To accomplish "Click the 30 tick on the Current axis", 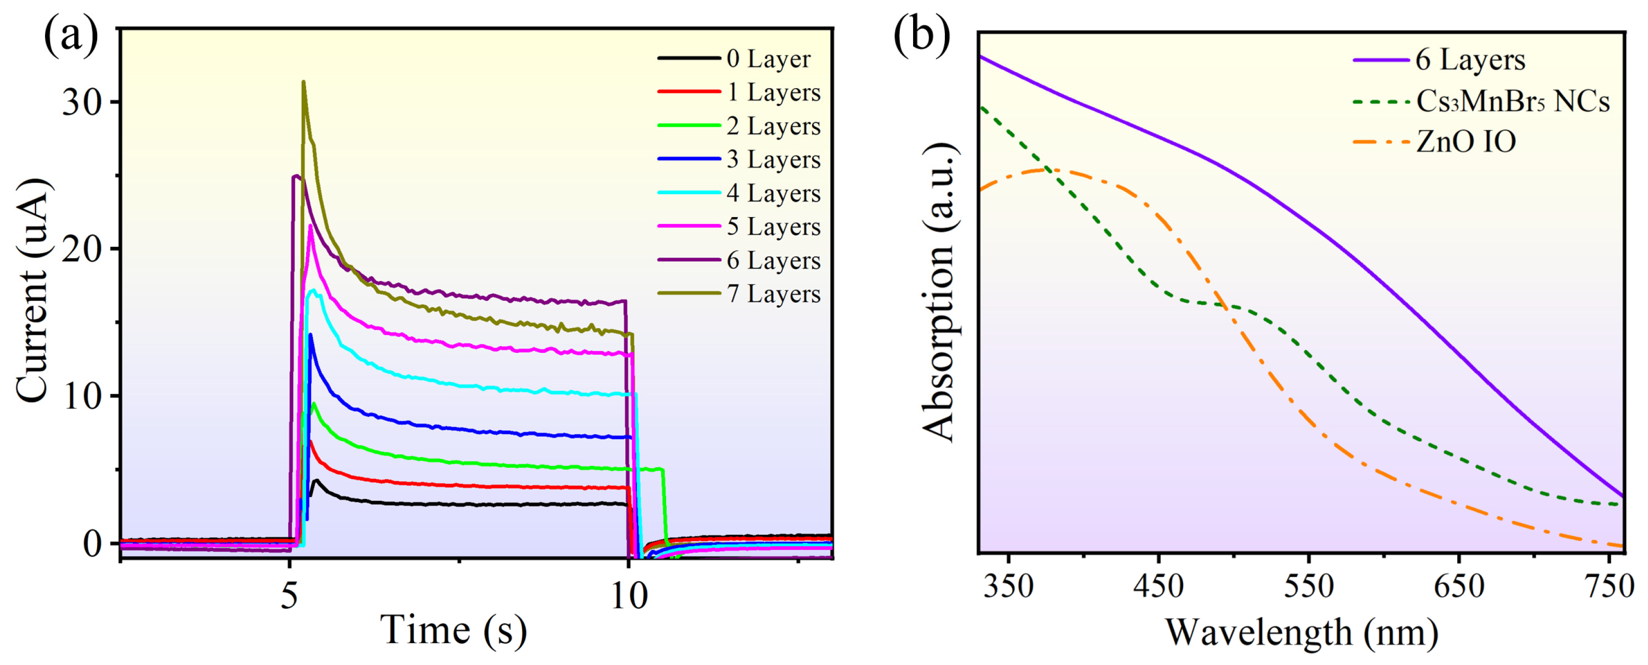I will click(x=82, y=103).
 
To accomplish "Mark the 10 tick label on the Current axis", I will click(x=82, y=397).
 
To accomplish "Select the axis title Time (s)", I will click(x=453, y=630).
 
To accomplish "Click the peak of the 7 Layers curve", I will click(x=303, y=82).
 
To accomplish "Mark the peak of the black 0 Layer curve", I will click(x=315, y=479).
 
